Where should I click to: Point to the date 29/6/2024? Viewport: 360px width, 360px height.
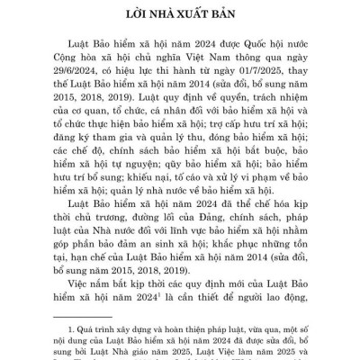(85, 80)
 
